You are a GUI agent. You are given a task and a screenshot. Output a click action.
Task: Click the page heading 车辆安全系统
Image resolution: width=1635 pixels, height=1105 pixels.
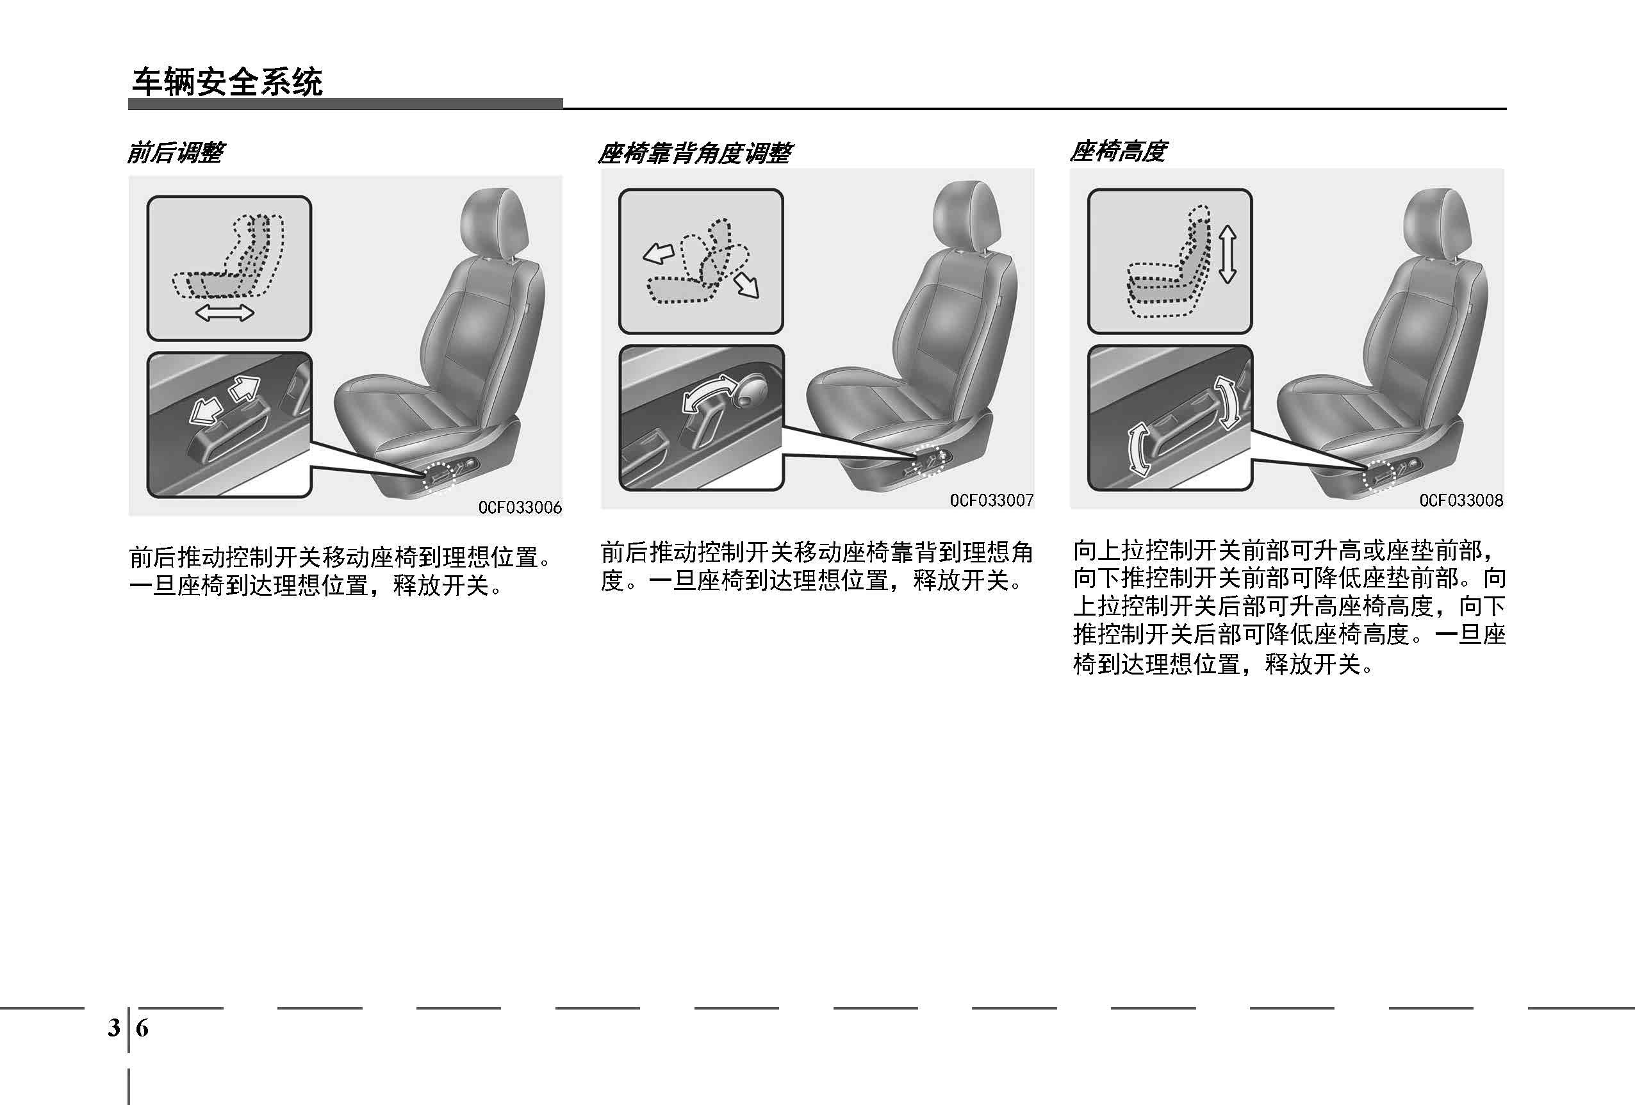pos(227,82)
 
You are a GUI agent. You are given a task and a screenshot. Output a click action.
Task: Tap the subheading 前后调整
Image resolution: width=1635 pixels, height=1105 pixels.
pos(175,152)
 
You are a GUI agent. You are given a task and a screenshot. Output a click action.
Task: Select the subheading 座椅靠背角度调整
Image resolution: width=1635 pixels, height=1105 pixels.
pos(695,152)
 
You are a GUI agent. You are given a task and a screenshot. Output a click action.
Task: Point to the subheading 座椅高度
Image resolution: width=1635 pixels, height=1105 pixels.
pos(1118,151)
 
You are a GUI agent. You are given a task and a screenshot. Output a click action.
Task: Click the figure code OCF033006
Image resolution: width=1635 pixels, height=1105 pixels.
pos(520,507)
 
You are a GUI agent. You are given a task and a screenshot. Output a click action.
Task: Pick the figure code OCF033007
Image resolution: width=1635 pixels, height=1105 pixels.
pos(992,500)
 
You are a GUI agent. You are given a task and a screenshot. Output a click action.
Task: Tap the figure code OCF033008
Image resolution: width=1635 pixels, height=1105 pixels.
pos(1461,500)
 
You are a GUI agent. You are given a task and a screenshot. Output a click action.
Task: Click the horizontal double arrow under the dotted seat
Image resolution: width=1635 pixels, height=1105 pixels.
pos(224,313)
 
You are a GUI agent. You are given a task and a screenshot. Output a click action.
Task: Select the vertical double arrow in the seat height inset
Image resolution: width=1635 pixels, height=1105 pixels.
pos(1228,254)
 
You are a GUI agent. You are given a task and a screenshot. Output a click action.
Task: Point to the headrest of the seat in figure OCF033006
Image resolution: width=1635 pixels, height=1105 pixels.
pos(494,222)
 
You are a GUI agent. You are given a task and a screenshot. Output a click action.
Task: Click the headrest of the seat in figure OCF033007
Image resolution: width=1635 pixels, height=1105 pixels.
pos(967,215)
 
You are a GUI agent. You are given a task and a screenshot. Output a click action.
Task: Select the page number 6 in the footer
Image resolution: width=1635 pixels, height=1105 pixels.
pos(142,1028)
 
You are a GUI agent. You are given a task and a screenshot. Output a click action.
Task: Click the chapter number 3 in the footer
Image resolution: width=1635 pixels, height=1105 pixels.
pos(114,1028)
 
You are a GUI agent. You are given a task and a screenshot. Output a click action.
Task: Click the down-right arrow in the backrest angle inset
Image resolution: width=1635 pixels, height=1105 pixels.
pos(746,286)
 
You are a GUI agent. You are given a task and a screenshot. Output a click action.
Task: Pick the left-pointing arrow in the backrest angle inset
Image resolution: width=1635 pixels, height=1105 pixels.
pos(659,252)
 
